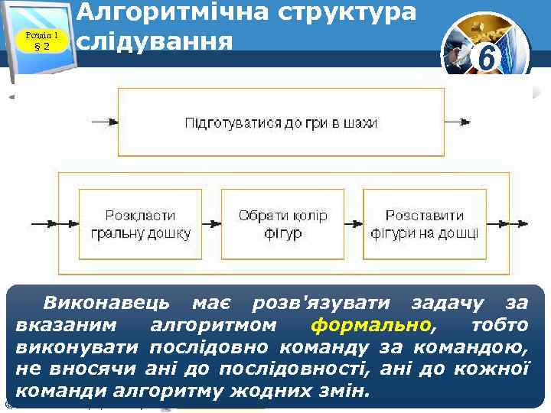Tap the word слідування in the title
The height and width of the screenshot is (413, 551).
pos(156,40)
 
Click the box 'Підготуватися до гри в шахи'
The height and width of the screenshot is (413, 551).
pos(280,122)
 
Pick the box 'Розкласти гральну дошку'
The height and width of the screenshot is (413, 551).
pos(140,224)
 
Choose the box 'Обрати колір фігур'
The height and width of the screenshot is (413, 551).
pos(282,224)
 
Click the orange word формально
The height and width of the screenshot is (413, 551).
pos(371,325)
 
